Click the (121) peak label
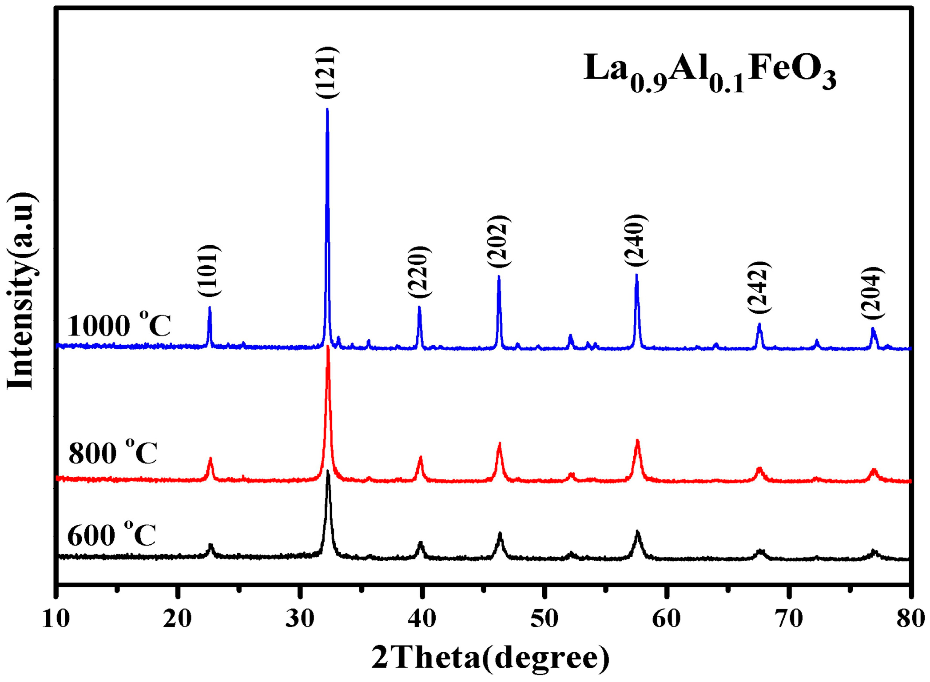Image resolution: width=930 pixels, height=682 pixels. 327,72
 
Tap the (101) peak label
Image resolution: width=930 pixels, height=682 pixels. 209,271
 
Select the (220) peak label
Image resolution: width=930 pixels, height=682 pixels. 419,272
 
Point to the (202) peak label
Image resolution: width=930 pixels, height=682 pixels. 498,242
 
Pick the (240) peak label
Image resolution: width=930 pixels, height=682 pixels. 636,240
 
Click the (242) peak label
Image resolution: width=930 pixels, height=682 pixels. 759,287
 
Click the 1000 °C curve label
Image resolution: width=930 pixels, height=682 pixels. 119,325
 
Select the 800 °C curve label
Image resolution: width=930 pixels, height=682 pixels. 113,452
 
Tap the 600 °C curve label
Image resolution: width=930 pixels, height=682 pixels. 111,534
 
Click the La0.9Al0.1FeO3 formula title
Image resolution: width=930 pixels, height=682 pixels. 709,71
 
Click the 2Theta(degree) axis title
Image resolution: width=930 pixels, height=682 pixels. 490,658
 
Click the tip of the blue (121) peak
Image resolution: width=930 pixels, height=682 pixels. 327,109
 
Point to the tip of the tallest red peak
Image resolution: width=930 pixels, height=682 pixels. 328,346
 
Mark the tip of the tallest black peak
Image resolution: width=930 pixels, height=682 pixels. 328,471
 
